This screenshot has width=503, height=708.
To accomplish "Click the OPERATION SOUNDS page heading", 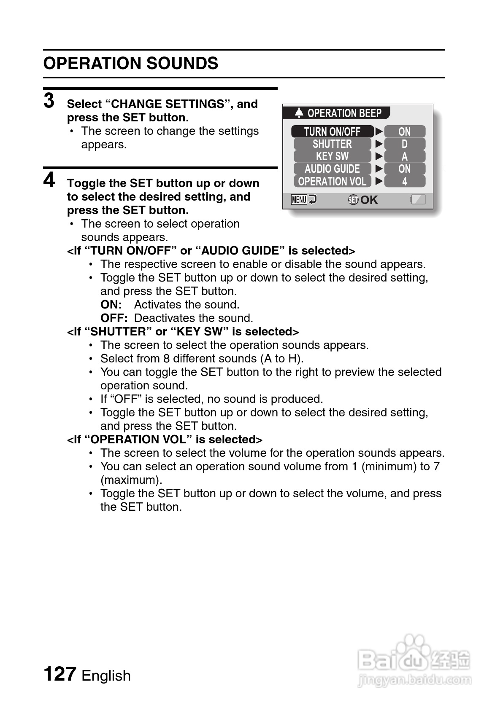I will click(131, 64).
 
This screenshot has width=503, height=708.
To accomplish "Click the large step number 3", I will click(49, 101).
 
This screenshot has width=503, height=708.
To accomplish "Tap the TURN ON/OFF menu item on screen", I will click(332, 131).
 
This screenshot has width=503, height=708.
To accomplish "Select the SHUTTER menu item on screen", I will click(332, 144).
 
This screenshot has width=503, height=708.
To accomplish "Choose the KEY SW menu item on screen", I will click(332, 156).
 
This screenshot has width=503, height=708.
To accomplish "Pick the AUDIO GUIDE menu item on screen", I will click(332, 169).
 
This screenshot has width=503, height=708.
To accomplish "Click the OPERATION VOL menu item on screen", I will click(332, 182).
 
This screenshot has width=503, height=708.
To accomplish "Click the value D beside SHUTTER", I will click(404, 144).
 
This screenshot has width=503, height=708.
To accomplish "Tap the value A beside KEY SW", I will click(404, 157).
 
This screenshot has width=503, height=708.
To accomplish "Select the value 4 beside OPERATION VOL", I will click(404, 182).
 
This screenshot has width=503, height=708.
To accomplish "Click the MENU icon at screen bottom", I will click(299, 200).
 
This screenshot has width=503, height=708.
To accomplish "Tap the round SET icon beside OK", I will click(353, 200).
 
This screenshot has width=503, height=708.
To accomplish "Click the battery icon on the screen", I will click(418, 200).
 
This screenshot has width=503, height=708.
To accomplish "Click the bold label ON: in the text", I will click(111, 305).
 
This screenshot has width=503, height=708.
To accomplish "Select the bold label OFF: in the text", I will click(114, 318).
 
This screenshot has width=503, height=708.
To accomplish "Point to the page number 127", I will click(60, 674).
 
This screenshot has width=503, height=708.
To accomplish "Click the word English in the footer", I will click(106, 676).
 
